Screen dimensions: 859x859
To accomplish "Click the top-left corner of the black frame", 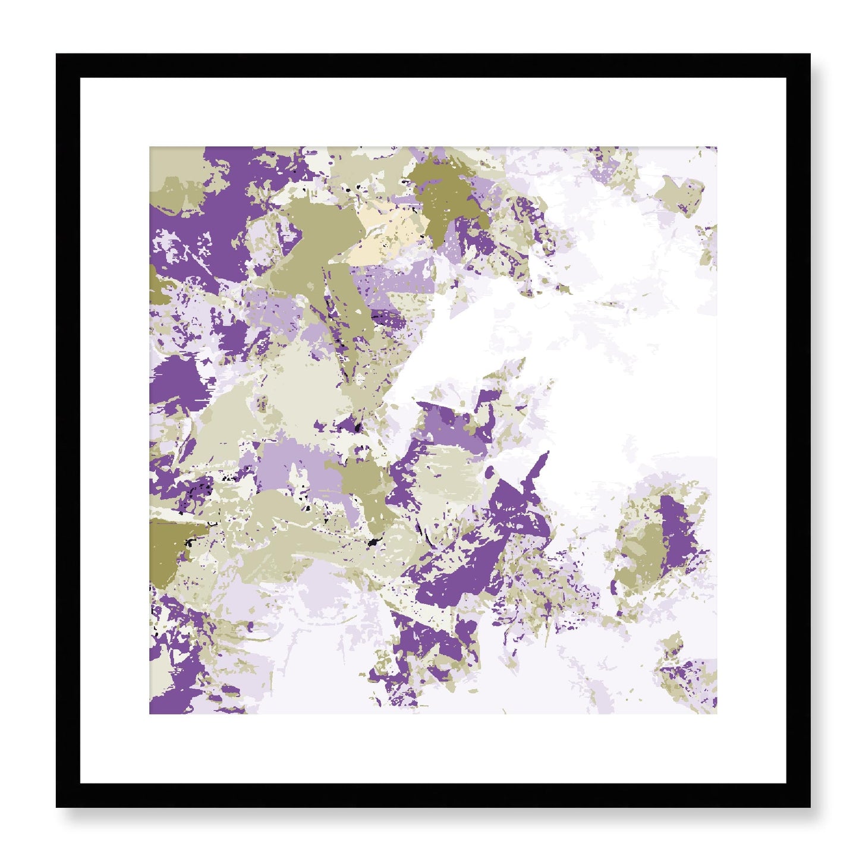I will [x=56, y=54].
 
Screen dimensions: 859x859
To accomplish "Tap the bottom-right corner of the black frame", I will [x=810, y=807].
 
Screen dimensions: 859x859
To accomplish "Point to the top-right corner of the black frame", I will [x=810, y=54].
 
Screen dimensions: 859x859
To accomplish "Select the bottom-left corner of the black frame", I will [x=56, y=807].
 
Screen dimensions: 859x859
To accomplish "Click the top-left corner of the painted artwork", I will [x=149, y=147].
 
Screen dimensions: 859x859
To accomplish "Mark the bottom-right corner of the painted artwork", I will [x=716, y=714].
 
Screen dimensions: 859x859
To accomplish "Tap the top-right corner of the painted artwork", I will [x=716, y=147].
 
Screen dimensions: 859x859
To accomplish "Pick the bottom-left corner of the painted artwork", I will [x=149, y=714].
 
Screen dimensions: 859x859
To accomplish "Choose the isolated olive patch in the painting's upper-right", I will [x=678, y=190].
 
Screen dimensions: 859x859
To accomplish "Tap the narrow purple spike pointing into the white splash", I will [x=538, y=470].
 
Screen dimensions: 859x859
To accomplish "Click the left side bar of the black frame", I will [x=68, y=430].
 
